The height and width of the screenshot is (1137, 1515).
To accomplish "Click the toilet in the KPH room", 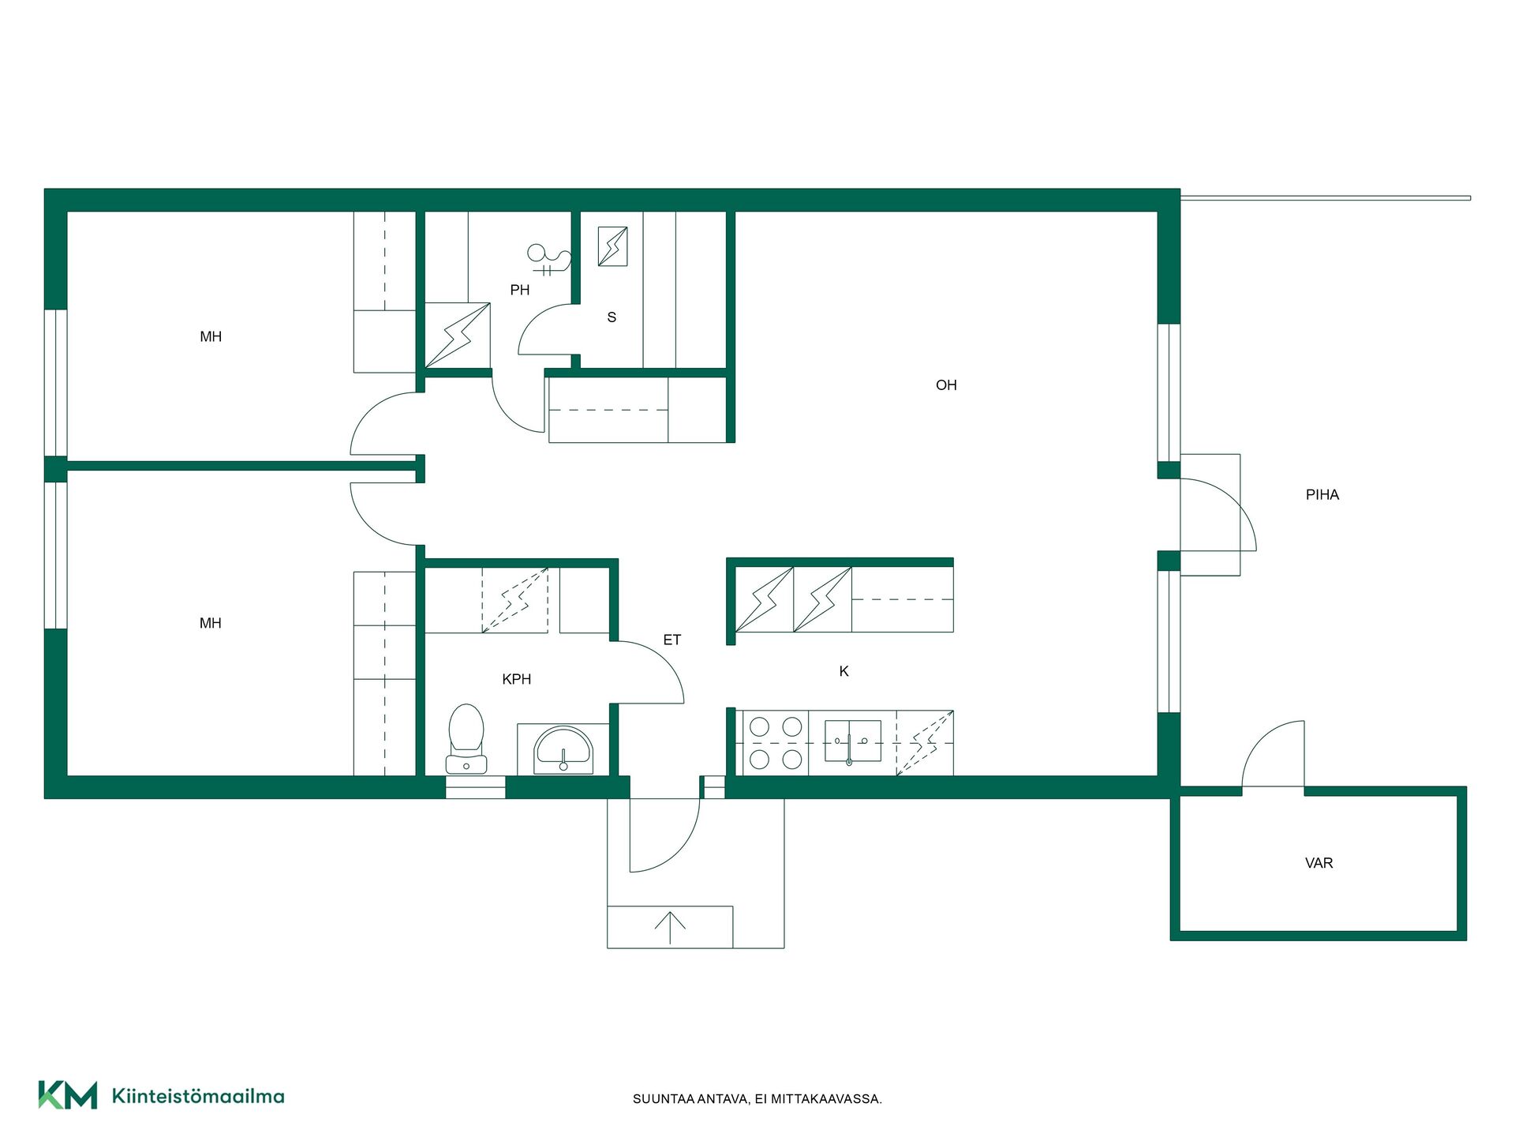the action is point(466,739).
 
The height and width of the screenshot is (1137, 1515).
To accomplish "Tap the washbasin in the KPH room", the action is point(563,750).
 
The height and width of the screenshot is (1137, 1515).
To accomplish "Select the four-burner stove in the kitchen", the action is point(776,743).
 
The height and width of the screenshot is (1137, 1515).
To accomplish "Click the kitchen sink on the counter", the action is point(852,741).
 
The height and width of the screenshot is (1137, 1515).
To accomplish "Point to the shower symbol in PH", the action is point(548,258).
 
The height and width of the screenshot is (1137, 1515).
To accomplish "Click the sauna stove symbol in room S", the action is point(612,246).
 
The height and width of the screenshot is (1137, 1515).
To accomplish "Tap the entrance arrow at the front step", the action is point(670,928).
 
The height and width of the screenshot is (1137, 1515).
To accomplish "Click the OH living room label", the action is point(946,385).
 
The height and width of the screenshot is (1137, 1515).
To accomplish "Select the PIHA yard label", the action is point(1322,495).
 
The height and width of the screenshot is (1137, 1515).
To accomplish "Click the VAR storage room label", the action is point(1319,863).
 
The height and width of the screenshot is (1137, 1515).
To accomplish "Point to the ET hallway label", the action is point(672,640).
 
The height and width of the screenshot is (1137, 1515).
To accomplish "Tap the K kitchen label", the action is point(844,671).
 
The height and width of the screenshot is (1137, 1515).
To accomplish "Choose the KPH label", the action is point(517,679).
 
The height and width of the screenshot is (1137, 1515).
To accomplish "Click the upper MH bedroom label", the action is point(211,337).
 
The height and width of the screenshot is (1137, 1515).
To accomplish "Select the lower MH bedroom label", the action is point(211,623).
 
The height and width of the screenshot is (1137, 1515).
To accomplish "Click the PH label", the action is point(520,290).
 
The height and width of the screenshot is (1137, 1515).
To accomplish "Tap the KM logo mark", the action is point(68,1095).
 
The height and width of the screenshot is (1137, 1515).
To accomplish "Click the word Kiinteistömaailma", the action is point(198,1096).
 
